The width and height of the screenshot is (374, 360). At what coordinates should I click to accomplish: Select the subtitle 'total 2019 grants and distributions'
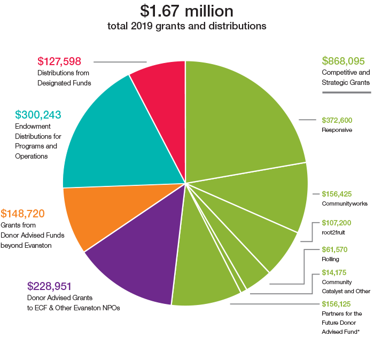[186, 26]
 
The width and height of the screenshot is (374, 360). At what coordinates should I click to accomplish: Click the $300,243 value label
[38, 115]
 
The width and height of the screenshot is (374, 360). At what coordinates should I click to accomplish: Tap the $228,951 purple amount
[49, 286]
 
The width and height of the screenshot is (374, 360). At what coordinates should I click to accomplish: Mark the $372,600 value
[337, 120]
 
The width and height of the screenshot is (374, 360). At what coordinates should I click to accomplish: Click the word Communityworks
[344, 204]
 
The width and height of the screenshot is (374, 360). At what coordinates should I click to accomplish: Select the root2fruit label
[334, 232]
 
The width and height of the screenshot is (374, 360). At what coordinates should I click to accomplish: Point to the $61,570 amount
[334, 249]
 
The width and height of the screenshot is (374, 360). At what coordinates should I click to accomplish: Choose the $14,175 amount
[334, 272]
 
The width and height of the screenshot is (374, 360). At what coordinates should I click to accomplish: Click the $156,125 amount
[337, 304]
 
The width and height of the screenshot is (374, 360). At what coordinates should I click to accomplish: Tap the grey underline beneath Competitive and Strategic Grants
[346, 92]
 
